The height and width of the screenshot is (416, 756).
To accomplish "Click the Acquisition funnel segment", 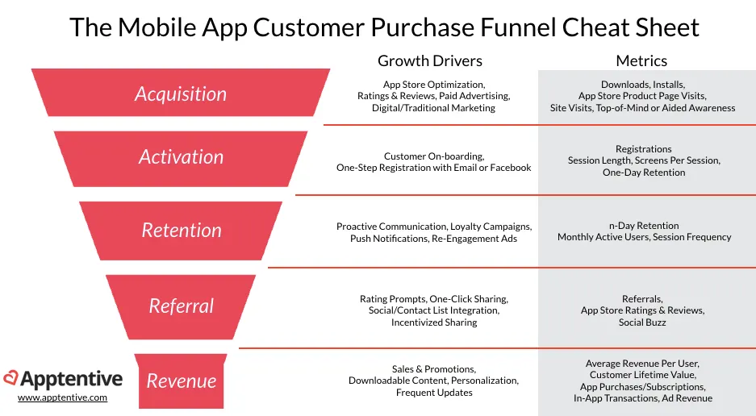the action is coord(181,93).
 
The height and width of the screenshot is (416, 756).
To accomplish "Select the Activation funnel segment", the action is coord(181,159).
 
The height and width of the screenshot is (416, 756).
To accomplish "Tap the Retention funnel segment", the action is coord(181,231).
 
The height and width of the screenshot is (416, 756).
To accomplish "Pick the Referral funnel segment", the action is coord(181,307).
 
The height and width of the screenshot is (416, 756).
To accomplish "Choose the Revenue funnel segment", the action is coord(181,381).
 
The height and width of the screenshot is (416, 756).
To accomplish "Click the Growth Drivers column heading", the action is coord(429,60).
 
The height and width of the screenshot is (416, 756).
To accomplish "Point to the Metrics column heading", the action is coord(641,60).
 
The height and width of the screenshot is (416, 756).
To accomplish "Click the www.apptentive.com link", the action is coord(63,397).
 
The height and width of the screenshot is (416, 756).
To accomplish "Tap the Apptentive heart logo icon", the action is coord(10,378).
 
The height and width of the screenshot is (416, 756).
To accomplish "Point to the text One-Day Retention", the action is coord(644,172).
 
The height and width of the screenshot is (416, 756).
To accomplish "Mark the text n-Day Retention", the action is coord(644,226).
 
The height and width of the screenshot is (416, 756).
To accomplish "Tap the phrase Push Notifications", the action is coord(389,239).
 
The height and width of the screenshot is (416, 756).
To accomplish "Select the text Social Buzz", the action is coord(642,322).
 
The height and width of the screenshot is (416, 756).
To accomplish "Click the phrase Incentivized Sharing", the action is coord(434,322).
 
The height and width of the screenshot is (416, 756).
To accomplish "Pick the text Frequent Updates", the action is coord(434,393).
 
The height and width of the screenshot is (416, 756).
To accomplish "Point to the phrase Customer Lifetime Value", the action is coord(643,375).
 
